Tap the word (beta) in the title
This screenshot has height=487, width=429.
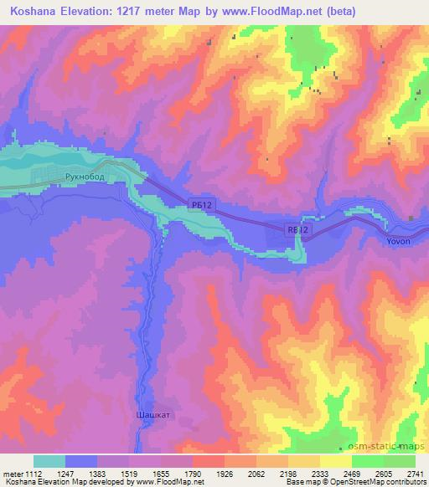334,12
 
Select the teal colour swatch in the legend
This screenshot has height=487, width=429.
49,461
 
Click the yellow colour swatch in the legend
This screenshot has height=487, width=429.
336,461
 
